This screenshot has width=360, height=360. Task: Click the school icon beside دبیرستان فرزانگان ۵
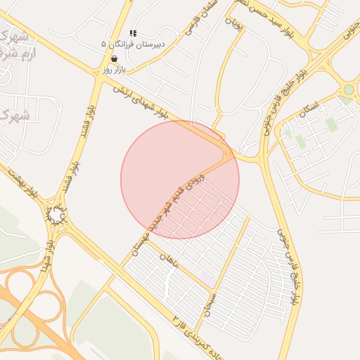tap(134, 33)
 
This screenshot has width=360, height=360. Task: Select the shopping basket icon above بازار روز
tap(114, 59)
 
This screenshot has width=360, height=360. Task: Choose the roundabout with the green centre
tap(348, 89)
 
